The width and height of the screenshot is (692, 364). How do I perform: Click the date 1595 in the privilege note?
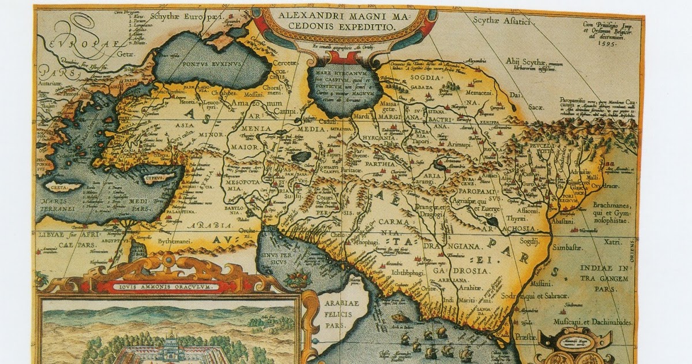(x=608, y=43)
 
